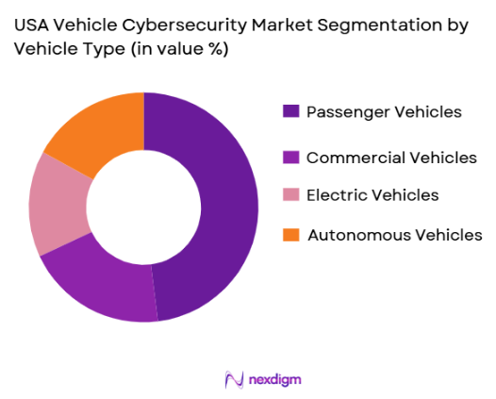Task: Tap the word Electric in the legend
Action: (x=334, y=195)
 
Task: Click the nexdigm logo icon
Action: (x=234, y=379)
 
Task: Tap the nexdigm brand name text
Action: (x=275, y=379)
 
